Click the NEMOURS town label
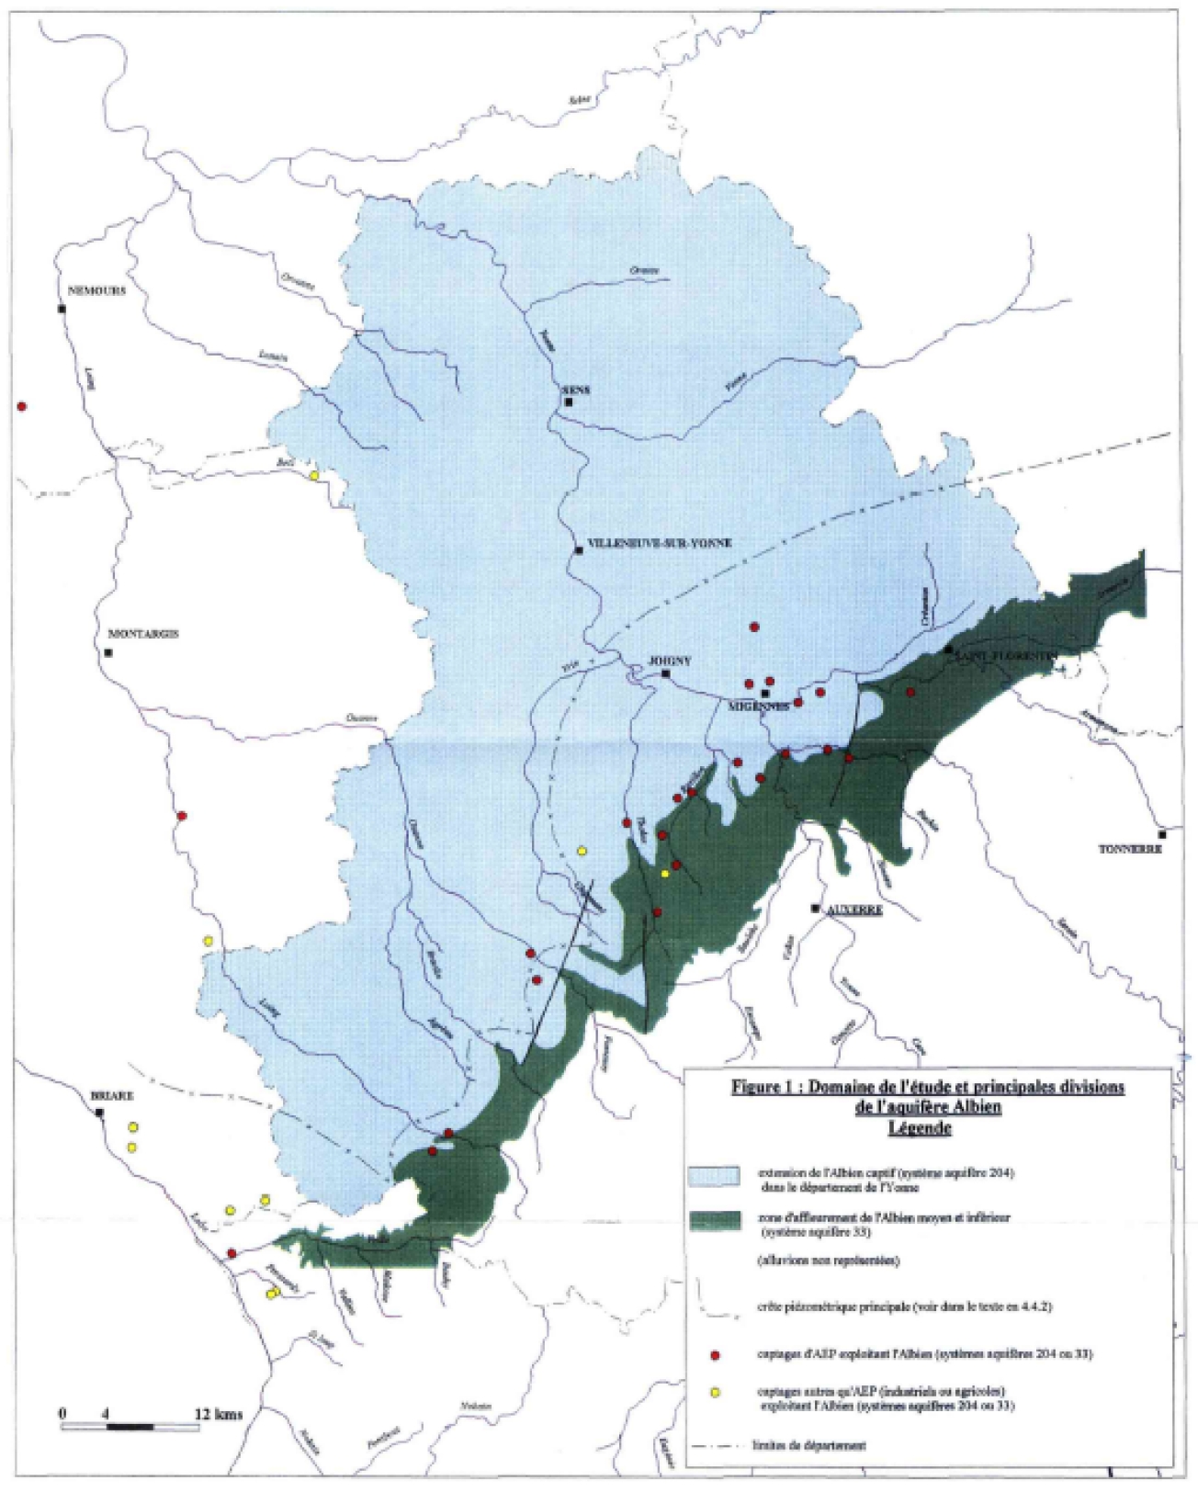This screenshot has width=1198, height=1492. click(96, 290)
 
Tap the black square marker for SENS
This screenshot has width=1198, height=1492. click(569, 402)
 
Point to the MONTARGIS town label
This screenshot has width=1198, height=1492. click(143, 634)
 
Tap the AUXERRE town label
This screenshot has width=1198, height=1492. click(855, 910)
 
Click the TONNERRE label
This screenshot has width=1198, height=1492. click(1130, 849)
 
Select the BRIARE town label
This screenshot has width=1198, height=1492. click(112, 1096)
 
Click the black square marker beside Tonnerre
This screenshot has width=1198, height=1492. click(1162, 834)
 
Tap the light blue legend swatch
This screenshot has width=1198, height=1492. click(715, 1177)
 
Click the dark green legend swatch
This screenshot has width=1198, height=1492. click(715, 1220)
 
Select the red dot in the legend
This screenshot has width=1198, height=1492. click(715, 1355)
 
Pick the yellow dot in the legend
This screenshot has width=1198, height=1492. click(715, 1393)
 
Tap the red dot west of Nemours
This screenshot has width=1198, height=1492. click(22, 406)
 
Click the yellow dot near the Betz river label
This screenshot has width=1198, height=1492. click(314, 475)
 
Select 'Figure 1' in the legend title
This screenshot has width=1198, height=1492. click(765, 1087)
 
